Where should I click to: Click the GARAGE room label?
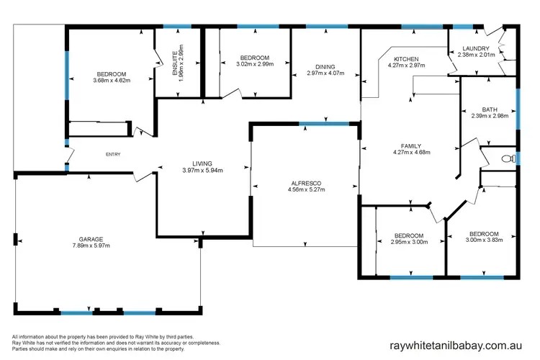click(x=91, y=239)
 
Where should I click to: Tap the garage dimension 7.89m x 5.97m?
click(x=91, y=246)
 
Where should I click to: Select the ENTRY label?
click(x=113, y=154)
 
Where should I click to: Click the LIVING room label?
click(x=202, y=163)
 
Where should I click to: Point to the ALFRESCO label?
click(x=306, y=183)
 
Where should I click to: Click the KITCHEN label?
click(x=407, y=58)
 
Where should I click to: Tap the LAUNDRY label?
click(x=476, y=49)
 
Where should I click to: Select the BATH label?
click(x=490, y=109)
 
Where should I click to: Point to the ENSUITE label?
click(x=175, y=64)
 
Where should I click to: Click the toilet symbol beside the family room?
click(x=506, y=158)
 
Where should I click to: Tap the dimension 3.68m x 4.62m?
click(x=111, y=81)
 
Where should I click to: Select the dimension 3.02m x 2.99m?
click(x=254, y=64)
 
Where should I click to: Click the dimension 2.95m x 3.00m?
click(x=408, y=243)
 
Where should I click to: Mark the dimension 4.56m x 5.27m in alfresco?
click(x=306, y=190)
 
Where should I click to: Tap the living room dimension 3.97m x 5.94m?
click(x=202, y=171)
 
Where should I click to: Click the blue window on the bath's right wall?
click(x=518, y=108)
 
